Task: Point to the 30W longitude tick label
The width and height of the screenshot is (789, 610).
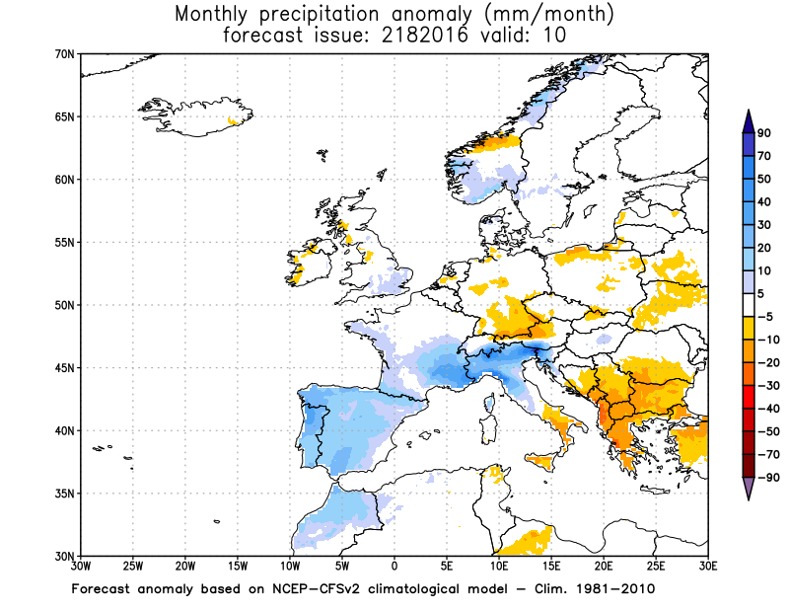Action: click(x=80, y=567)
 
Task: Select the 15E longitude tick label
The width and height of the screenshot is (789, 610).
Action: click(x=551, y=567)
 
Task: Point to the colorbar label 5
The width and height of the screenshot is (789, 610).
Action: click(x=762, y=294)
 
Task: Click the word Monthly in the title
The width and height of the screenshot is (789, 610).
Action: click(x=216, y=15)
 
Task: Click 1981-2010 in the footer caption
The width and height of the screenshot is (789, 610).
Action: click(x=614, y=589)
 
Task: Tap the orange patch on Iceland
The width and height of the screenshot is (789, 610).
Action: click(x=235, y=121)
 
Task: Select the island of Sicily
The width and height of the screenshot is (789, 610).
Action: click(x=541, y=461)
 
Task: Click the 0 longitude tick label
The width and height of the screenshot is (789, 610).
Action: click(x=394, y=567)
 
